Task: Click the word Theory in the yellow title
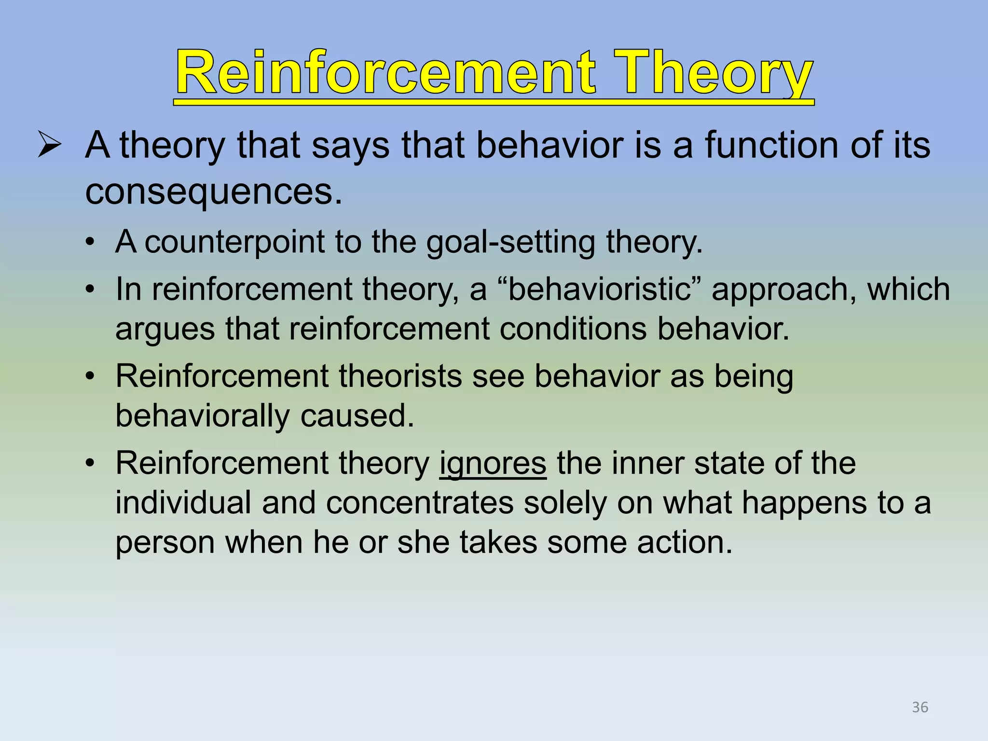(x=715, y=73)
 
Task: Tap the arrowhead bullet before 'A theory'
(x=50, y=145)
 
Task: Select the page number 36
(x=920, y=707)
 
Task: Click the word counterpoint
(x=234, y=242)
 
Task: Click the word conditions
(x=573, y=329)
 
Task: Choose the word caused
(x=357, y=416)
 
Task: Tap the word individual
(x=183, y=503)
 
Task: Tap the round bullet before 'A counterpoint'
(x=89, y=242)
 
